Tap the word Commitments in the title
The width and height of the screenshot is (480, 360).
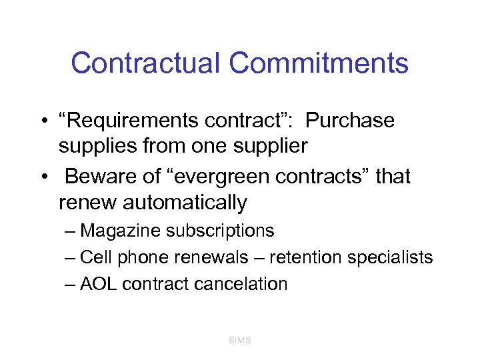click(319, 63)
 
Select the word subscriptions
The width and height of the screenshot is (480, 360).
click(220, 231)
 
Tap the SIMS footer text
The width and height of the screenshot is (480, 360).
click(240, 340)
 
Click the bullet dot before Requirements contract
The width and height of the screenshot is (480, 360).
click(42, 122)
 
